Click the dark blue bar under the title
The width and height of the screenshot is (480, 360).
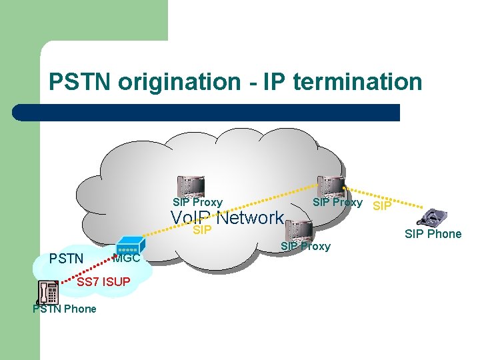(207, 112)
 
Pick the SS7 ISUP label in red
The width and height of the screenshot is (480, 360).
(103, 283)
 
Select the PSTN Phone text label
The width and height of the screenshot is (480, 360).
(64, 309)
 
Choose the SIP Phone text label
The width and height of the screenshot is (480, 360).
(433, 234)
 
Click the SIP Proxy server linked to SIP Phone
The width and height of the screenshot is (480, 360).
(330, 186)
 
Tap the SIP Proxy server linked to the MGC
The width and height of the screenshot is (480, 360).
(189, 186)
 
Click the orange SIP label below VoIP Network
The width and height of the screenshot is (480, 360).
(202, 231)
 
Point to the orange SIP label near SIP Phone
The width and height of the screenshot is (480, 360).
(382, 207)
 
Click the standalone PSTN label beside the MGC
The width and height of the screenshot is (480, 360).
(66, 259)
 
